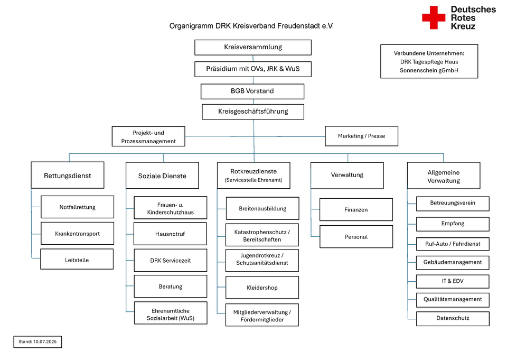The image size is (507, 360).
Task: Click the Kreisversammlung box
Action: [x=252, y=47]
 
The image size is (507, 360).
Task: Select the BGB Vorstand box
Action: [x=252, y=91]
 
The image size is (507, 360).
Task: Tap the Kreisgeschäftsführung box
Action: [x=253, y=112]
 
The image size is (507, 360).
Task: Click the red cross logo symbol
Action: [x=434, y=17]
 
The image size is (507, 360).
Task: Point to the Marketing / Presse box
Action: [x=361, y=136]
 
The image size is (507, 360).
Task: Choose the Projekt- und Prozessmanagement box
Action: [x=148, y=136]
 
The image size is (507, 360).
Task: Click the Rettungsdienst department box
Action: [x=67, y=176]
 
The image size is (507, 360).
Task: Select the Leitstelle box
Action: [x=77, y=260]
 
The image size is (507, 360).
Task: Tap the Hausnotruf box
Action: [x=170, y=234]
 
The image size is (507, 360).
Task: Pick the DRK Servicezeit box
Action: [x=170, y=260]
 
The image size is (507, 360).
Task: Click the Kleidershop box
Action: [x=262, y=288]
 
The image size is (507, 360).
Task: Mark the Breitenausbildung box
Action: [x=262, y=208]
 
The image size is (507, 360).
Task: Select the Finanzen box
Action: [x=356, y=210]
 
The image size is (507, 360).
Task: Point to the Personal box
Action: [x=356, y=237]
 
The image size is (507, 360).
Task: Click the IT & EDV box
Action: [x=452, y=281]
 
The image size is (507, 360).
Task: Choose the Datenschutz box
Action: [x=452, y=318]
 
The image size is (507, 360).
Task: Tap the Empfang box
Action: [x=452, y=224]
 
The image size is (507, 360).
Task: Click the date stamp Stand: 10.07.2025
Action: [x=37, y=342]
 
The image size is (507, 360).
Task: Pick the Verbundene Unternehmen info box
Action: [x=429, y=61]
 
